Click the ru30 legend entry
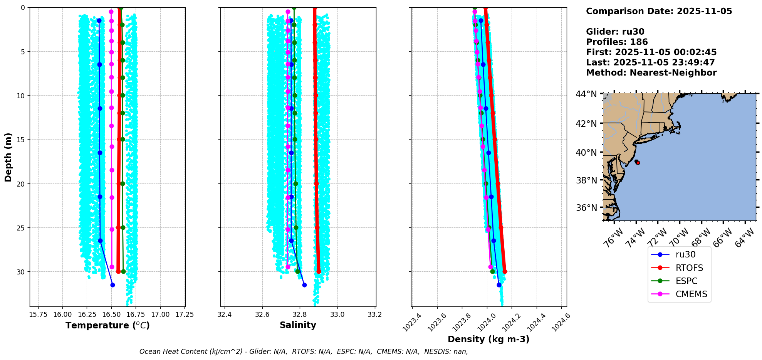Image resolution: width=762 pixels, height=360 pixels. [685, 255]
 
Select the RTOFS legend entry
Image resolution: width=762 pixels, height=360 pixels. [689, 268]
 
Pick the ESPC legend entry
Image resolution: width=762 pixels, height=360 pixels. [686, 281]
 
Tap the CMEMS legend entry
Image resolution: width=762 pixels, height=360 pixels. [691, 294]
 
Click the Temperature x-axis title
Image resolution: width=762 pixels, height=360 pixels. [107, 325]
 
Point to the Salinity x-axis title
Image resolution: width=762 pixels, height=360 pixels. [298, 325]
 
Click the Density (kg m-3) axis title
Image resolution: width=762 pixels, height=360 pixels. [488, 339]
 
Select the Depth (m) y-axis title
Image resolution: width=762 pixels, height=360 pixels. [8, 157]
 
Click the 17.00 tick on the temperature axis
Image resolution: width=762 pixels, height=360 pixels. [160, 314]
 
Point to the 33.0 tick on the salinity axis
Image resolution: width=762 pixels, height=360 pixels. [337, 314]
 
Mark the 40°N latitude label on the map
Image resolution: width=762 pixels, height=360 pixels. [586, 153]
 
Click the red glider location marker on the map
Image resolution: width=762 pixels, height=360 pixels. [638, 163]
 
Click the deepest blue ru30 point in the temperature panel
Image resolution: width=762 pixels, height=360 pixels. [112, 285]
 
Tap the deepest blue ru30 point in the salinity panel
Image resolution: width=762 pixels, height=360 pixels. [304, 285]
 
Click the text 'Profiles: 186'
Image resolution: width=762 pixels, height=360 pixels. [617, 42]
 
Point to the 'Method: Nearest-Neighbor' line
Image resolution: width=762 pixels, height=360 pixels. [651, 73]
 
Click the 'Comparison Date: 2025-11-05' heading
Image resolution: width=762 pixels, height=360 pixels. [659, 11]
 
